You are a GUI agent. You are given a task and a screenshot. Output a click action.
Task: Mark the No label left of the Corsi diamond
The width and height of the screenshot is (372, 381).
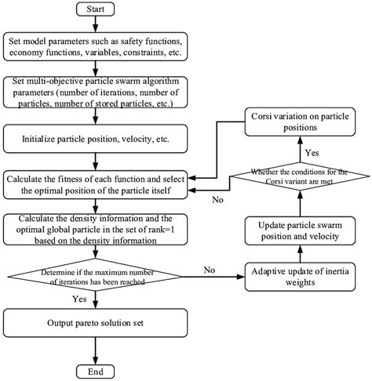(218, 200)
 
